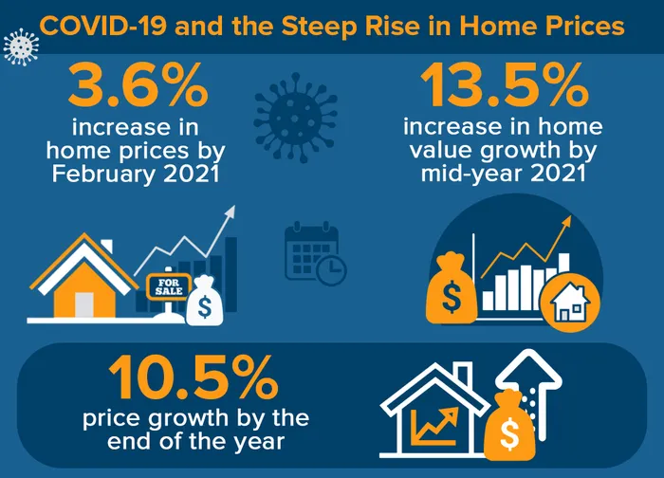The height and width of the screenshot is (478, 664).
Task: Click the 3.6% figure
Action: pos(138,86)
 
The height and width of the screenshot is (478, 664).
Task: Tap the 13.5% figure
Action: pos(504,86)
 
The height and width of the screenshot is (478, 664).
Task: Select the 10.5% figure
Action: pos(193,377)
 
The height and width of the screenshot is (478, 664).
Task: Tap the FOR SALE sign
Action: pos(168,287)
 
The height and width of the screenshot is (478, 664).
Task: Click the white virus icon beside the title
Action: pos(21,46)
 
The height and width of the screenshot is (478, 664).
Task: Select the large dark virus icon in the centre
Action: pos(296,118)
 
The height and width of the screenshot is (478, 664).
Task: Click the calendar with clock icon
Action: pos(316,253)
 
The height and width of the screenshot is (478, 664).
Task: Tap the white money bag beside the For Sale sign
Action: pos(204,301)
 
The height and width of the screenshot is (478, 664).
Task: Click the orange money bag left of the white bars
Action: pos(452,288)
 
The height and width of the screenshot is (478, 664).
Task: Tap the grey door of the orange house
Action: pos(83,304)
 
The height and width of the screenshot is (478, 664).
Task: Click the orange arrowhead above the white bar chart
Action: pos(566,221)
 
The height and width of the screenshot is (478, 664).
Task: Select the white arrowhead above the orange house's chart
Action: pos(230,211)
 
